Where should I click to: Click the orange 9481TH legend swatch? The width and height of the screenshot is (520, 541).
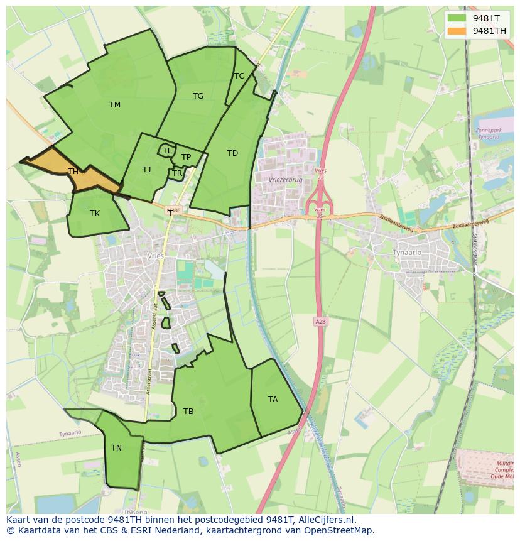coord(457,30)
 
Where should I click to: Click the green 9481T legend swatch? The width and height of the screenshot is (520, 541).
coord(457,18)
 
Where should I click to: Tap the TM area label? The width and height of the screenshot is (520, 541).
coord(114,105)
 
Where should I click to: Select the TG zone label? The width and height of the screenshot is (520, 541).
coord(198,96)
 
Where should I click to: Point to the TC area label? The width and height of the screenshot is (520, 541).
coord(239,76)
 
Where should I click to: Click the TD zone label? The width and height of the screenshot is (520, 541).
coord(232,153)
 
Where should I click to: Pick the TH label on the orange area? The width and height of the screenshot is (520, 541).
coord(73,172)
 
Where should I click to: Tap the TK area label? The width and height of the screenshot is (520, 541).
coord(94,214)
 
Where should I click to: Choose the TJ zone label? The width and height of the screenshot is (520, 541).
coord(146,170)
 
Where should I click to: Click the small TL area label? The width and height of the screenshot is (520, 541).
coord(167,151)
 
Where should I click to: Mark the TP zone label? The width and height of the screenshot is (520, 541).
coord(186,157)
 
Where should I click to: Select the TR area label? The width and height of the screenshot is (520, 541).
coord(177,173)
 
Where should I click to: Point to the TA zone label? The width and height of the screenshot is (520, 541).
coord(273,400)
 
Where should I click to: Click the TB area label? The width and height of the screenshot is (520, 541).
coord(188,412)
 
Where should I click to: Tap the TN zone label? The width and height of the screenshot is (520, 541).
coord(116,448)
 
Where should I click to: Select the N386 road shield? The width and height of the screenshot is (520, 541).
coord(174,211)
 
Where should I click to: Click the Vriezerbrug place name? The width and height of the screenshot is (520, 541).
coord(285,179)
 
